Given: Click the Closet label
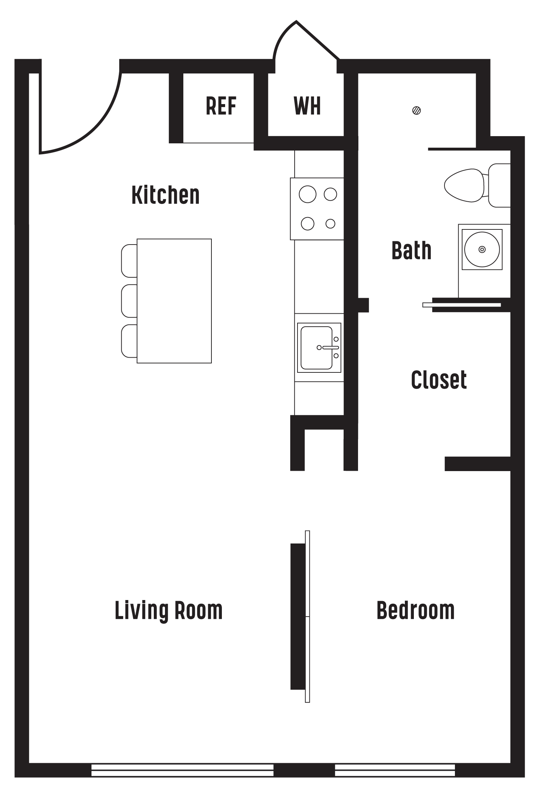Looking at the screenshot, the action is point(439,380).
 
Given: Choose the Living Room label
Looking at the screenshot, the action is point(169,610).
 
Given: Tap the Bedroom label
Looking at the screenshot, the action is point(415,610).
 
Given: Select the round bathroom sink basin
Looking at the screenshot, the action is point(482,249).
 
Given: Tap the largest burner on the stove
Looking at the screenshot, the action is point(308,194).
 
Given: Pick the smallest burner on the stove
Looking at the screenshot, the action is point(330,224).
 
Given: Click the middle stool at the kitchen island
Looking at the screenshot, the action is point(129,301).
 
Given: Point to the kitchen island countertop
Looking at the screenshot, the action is point(174,301).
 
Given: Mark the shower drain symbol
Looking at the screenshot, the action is point(416,111).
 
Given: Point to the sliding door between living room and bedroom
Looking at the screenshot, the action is point(307,616).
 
